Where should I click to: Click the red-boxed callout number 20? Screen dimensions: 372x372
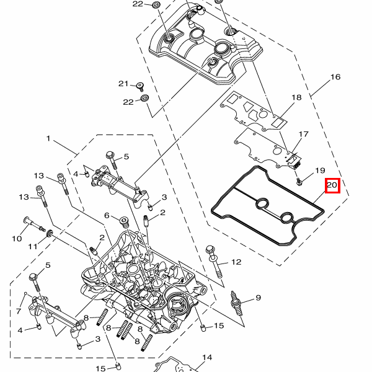[332, 185]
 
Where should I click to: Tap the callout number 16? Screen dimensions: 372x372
[335, 77]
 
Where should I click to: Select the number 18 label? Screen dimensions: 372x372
[296, 97]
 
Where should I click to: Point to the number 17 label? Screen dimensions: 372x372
[303, 135]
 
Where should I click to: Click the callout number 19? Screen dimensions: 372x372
[320, 170]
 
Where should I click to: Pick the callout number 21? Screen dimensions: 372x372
[123, 84]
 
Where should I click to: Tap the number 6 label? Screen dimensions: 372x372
[107, 216]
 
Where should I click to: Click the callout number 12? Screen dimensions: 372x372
[236, 262]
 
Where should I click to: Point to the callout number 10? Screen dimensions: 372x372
[17, 238]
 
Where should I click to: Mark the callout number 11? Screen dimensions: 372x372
[32, 247]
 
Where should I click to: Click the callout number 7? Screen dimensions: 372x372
[19, 311]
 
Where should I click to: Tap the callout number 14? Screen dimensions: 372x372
[207, 358]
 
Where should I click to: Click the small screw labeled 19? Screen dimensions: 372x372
[299, 181]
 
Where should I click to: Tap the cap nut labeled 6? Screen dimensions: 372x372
[123, 219]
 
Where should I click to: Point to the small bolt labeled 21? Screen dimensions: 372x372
[141, 86]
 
